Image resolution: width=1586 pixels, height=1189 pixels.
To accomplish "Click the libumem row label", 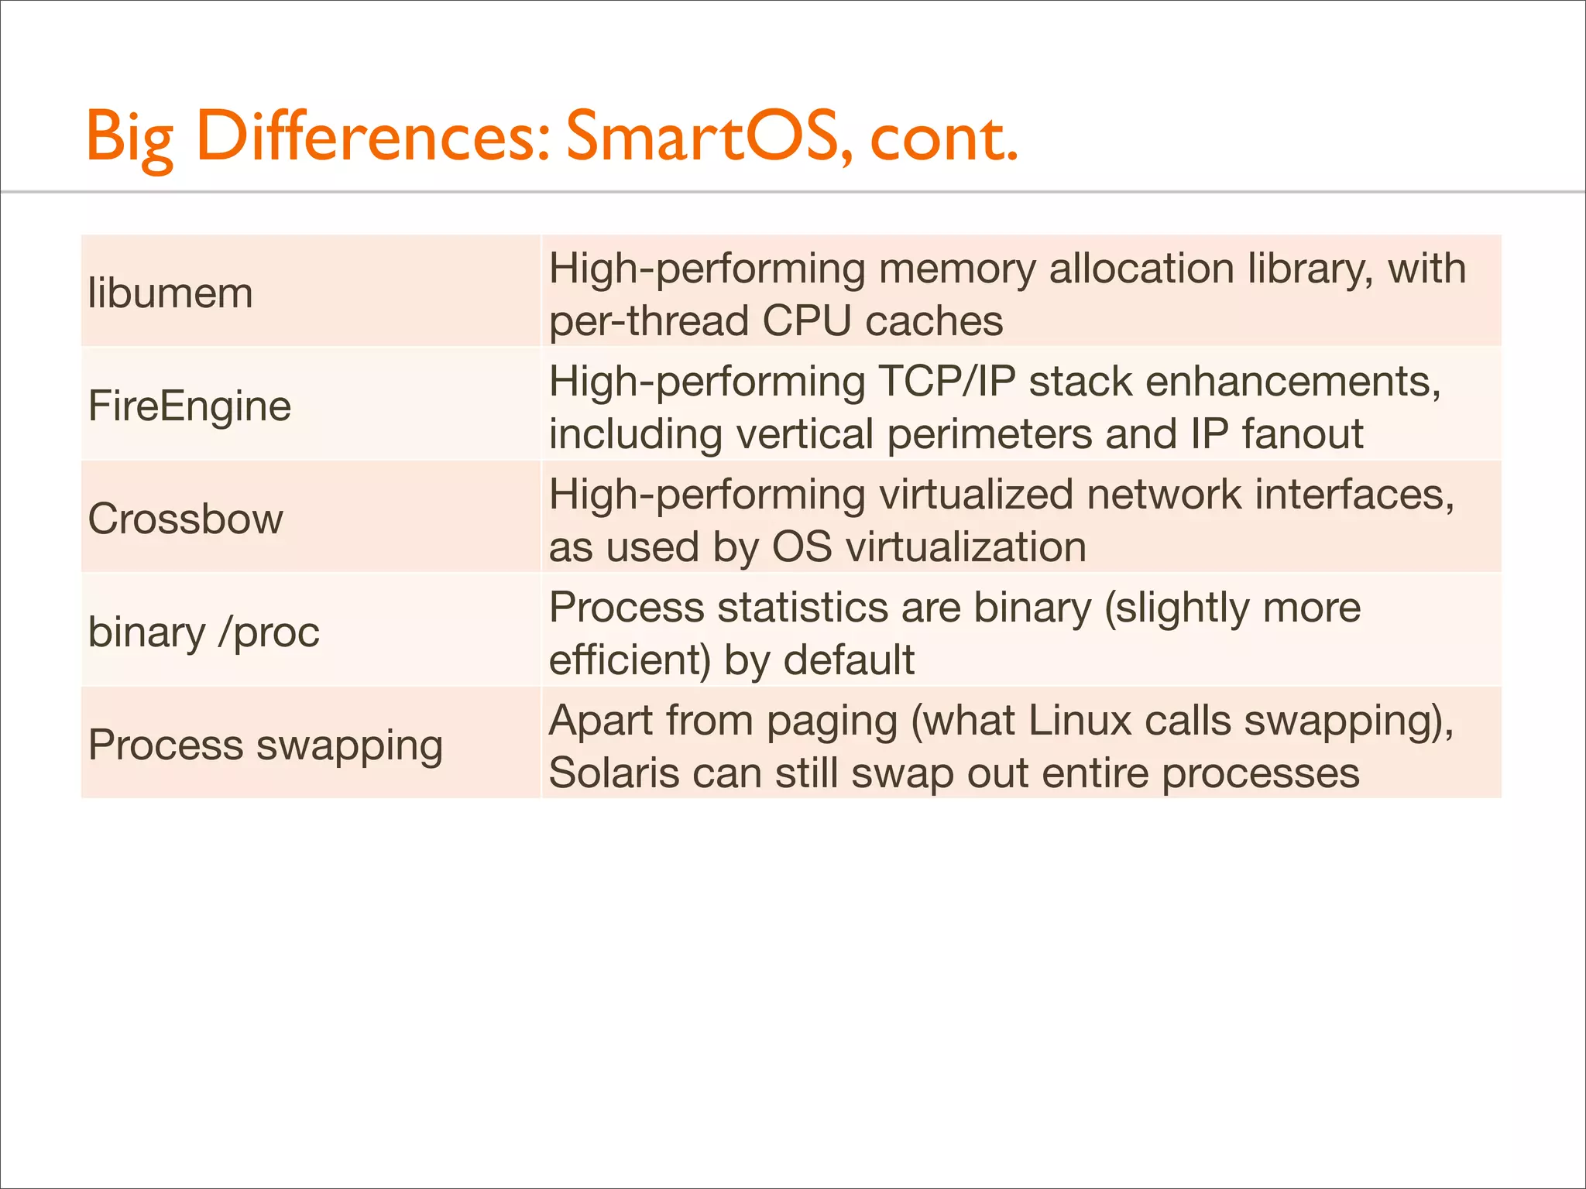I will (170, 293).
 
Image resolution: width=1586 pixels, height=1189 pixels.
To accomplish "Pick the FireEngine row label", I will (190, 406).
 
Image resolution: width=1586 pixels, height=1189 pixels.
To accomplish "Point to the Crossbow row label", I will (186, 519).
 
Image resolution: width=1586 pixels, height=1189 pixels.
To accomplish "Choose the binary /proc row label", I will (204, 632).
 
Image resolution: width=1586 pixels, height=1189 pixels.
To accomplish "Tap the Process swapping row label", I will (266, 745).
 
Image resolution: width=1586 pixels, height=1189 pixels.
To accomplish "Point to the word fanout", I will (1303, 433).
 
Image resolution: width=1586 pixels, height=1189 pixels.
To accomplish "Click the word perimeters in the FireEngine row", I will (989, 434).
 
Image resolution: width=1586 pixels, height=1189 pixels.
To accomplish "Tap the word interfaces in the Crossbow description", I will (1354, 495).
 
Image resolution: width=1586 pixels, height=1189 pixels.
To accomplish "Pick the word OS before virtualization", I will (802, 547).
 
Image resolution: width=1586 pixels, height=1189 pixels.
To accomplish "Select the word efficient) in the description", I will (630, 660).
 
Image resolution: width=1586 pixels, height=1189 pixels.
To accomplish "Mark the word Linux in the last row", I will (1080, 721).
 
